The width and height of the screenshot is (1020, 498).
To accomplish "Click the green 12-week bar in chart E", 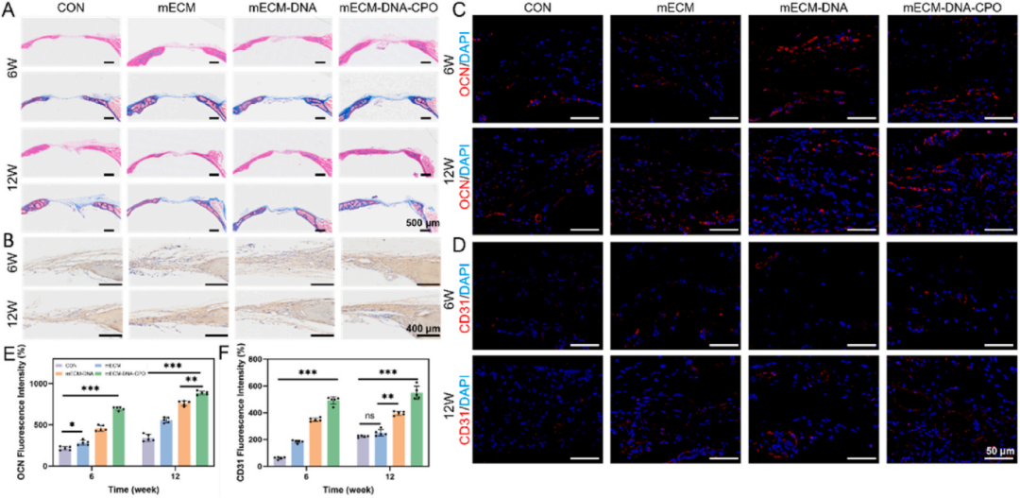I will coord(202,428).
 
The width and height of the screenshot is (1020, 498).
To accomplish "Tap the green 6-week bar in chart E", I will coord(117,436).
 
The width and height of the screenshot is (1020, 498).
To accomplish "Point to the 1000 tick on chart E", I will coord(39,383).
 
